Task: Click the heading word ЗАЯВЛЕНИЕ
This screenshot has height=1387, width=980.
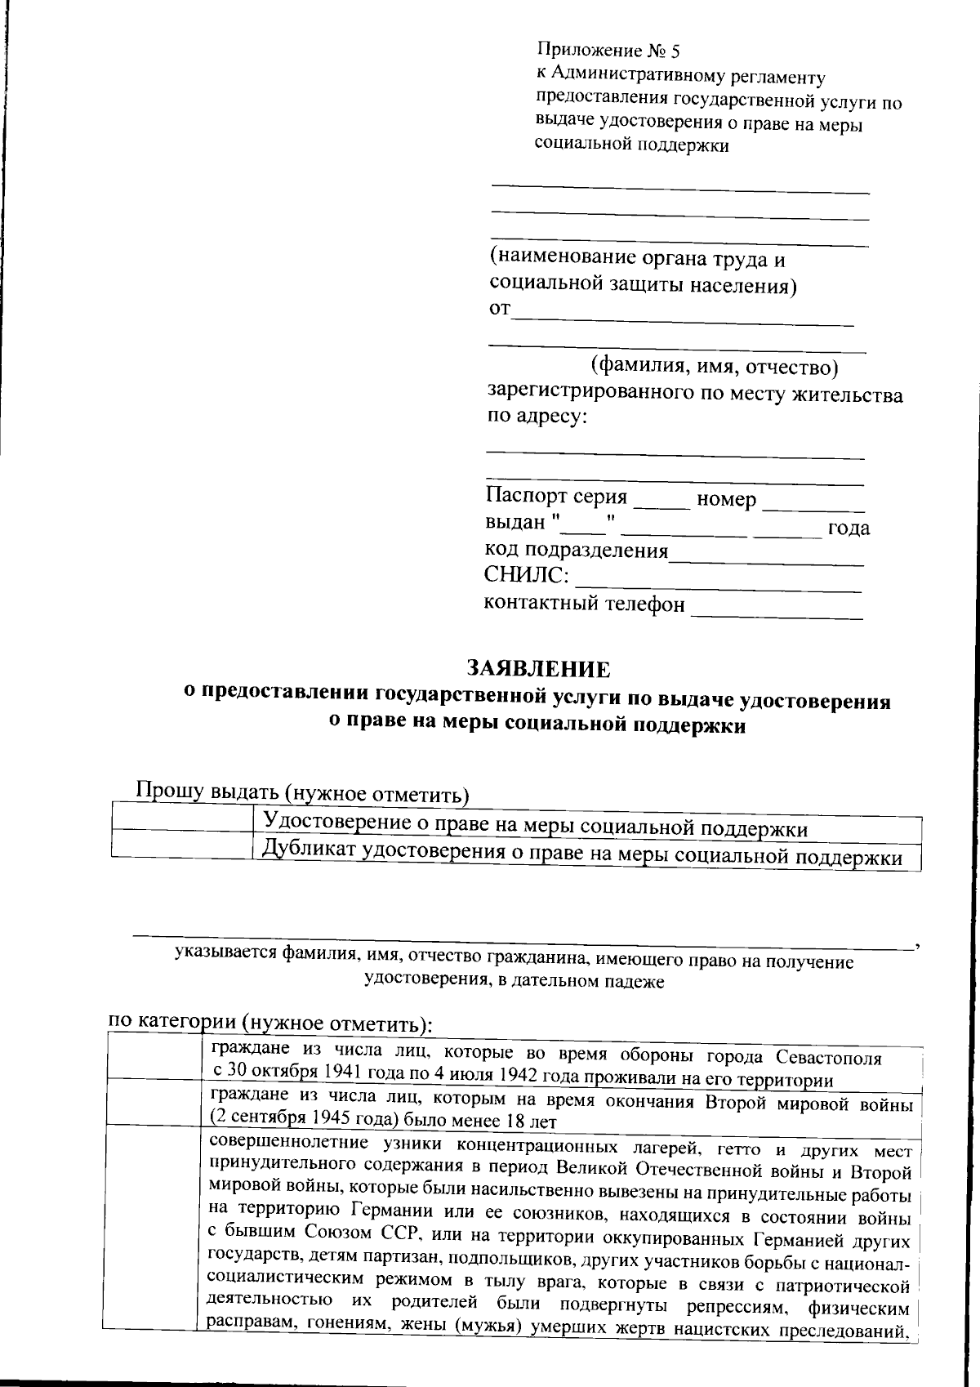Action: (x=538, y=669)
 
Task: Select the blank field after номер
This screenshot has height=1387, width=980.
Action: (x=812, y=500)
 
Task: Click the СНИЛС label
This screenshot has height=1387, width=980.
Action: (x=526, y=575)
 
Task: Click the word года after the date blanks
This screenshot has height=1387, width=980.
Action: (x=849, y=528)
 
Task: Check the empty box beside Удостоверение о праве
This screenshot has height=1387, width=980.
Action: (x=181, y=819)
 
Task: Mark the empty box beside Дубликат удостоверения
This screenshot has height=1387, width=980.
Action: (x=181, y=845)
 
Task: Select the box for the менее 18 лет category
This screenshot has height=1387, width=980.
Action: (x=153, y=1102)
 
